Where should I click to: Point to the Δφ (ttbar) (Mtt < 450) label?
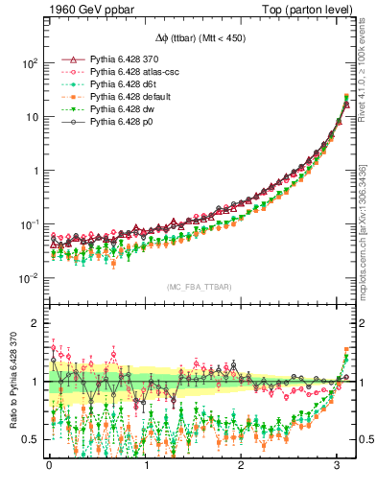191,39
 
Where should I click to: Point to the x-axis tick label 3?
338,467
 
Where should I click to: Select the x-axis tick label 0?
49,467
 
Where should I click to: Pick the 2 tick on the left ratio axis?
34,323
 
